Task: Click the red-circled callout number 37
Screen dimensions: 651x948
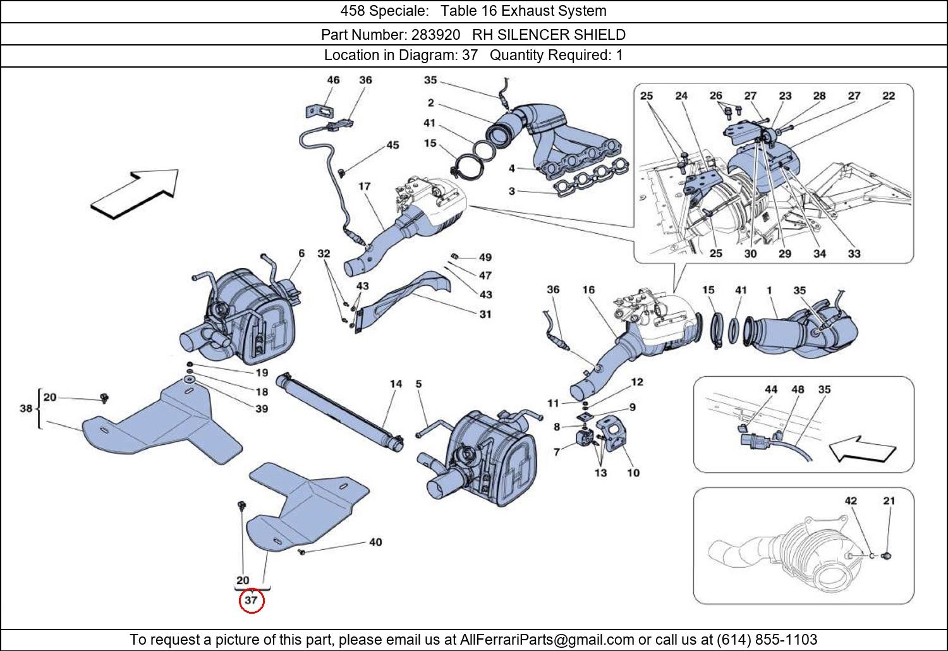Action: coord(251,600)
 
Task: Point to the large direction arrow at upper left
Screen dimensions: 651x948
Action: coord(135,193)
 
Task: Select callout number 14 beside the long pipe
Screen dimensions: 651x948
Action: coord(396,384)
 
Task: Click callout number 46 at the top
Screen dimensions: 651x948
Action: coord(333,80)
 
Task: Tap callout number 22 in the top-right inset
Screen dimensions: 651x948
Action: coord(889,96)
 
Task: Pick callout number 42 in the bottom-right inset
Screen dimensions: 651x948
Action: coord(851,501)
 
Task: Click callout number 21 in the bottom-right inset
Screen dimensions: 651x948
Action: coord(889,501)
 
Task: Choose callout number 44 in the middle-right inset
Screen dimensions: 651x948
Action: coord(771,389)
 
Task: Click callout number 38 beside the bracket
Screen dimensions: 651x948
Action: coord(25,408)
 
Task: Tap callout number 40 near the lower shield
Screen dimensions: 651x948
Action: coord(375,542)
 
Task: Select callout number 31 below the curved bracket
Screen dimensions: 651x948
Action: coord(485,313)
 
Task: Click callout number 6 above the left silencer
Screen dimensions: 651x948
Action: coord(301,253)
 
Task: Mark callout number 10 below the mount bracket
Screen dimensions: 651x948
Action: coord(633,472)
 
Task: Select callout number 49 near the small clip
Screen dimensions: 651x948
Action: coord(485,257)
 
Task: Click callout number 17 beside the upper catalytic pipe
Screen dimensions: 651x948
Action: coord(365,186)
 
